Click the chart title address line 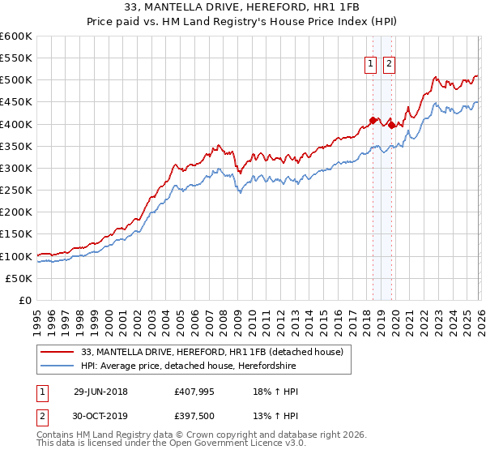coord(243,8)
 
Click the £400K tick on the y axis coord(16,124)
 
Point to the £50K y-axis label coord(19,278)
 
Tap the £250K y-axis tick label coord(16,191)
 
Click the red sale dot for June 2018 coord(373,121)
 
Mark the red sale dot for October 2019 coord(391,125)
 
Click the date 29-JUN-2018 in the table coord(105,392)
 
